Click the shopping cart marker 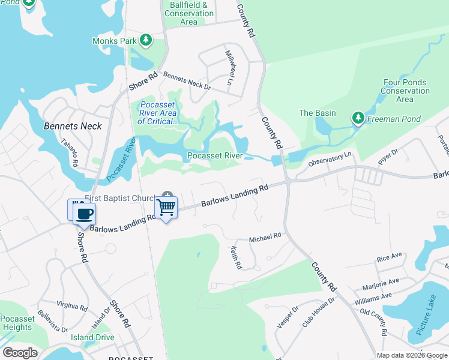pos(166,208)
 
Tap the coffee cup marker pos(85,213)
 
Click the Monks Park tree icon pos(145,41)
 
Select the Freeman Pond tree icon pos(358,118)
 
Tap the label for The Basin pos(317,113)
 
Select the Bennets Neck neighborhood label pos(73,126)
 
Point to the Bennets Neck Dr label pos(187,82)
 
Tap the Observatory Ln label pos(329,160)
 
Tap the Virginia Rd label pos(71,305)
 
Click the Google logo pos(20,352)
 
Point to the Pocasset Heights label pos(17,323)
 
